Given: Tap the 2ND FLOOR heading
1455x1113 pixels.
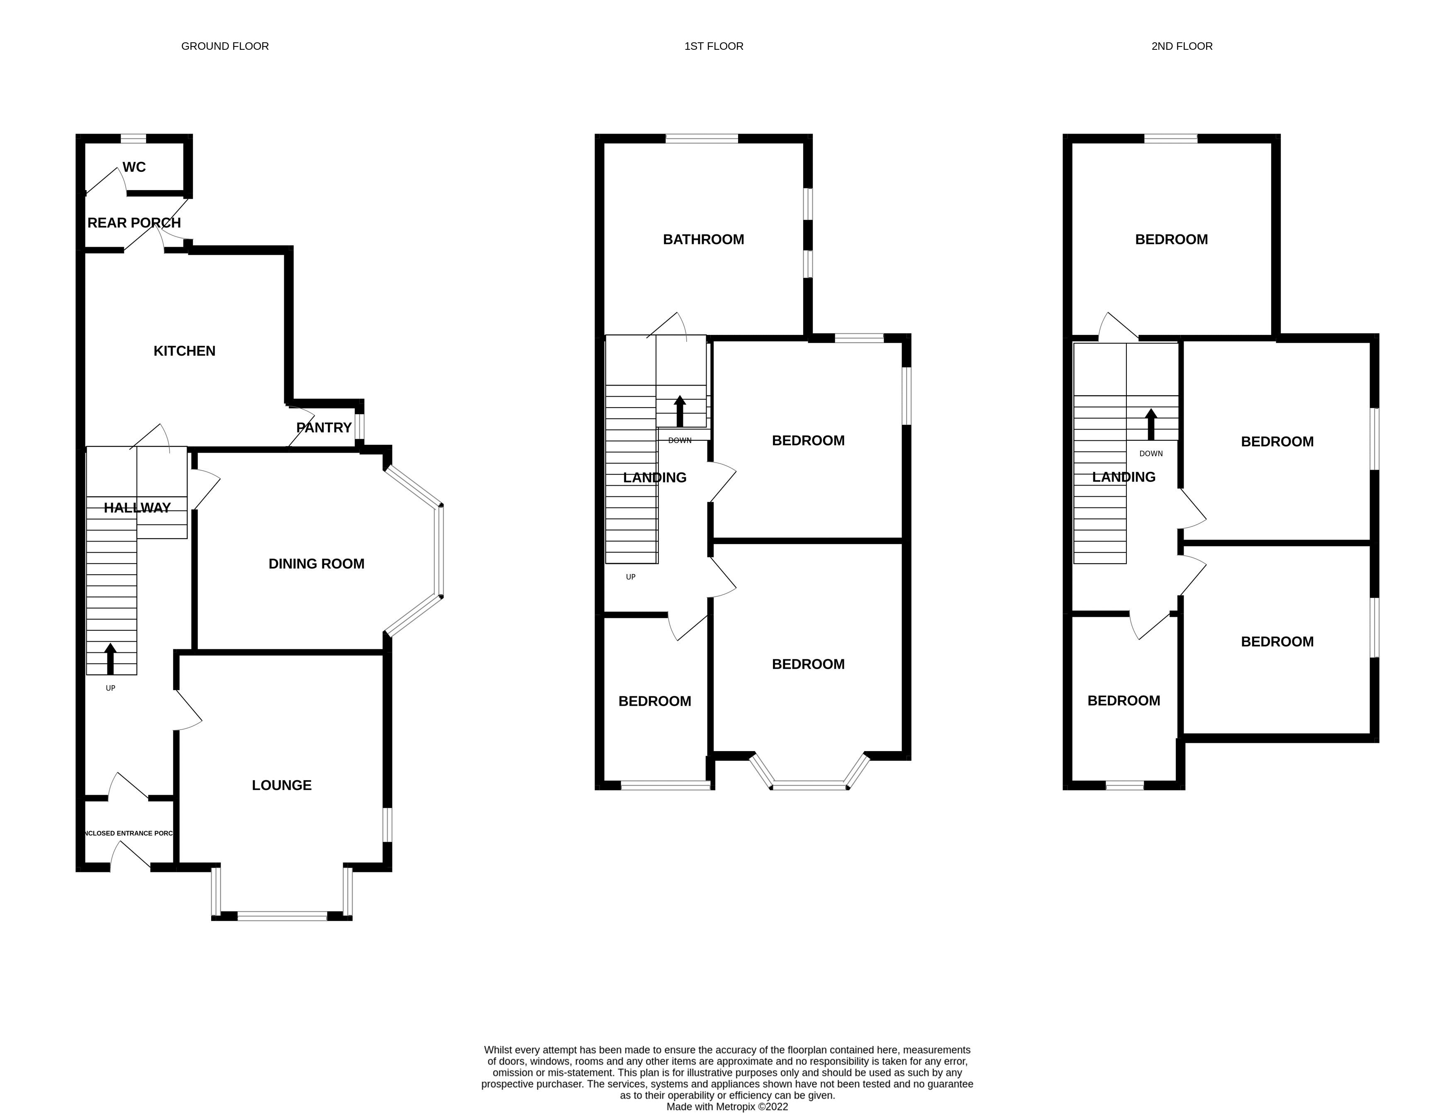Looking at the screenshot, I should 1182,46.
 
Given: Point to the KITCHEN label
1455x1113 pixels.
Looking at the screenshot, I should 184,351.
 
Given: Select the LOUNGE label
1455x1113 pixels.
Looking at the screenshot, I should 281,785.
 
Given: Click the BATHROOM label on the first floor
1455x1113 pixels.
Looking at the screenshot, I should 703,239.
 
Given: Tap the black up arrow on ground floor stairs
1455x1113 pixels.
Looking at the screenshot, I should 111,659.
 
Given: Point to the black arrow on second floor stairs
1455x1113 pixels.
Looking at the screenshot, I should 1151,425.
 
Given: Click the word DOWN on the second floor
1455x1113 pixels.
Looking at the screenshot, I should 1151,454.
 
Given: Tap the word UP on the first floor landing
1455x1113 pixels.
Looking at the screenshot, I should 631,577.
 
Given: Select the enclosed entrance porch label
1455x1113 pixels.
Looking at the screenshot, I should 129,833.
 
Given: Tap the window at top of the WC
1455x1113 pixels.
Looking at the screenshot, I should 133,139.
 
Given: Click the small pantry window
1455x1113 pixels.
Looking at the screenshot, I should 359,427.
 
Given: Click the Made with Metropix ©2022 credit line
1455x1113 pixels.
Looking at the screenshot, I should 727,1106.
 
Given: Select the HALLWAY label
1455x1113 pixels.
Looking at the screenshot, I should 137,508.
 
